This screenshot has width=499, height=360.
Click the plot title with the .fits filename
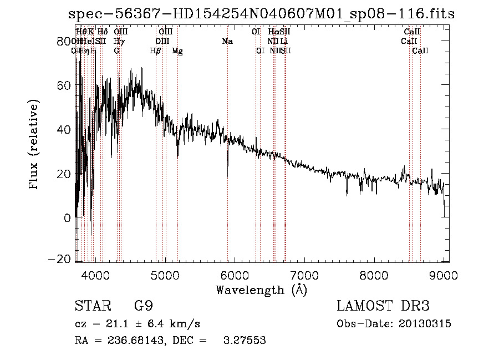click(260, 14)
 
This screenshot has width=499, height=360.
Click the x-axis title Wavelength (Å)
click(261, 290)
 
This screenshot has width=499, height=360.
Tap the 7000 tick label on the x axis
click(304, 274)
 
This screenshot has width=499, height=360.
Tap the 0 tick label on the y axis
click(68, 218)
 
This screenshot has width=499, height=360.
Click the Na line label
click(227, 41)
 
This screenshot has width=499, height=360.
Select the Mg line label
click(177, 51)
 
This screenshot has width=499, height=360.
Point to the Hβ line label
click(155, 51)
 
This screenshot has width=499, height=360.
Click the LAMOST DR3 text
click(383, 306)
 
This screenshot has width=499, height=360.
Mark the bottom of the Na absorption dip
click(227, 176)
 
